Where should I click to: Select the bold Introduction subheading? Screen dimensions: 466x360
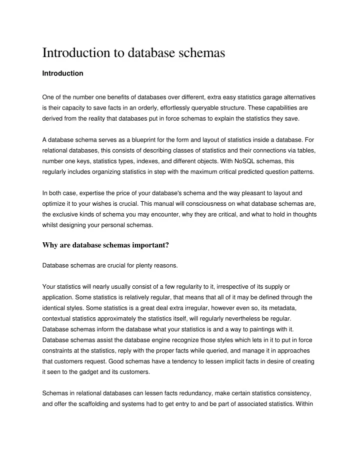62,74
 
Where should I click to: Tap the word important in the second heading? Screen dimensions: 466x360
153,245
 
